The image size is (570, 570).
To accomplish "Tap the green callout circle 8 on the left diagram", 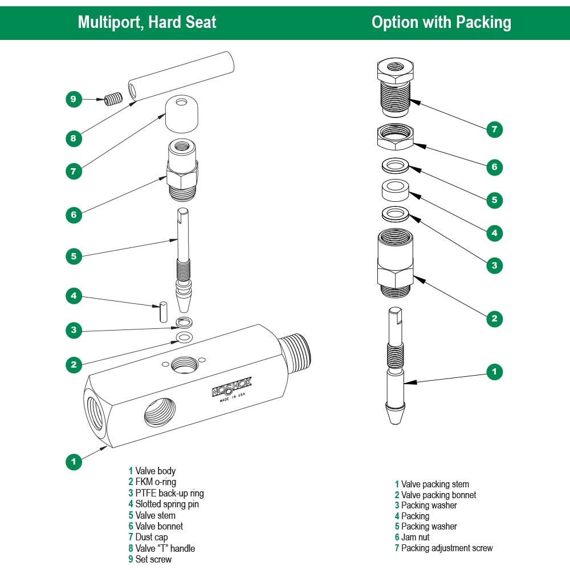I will click(x=73, y=138).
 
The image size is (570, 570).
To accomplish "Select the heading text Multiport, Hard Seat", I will click(x=147, y=22).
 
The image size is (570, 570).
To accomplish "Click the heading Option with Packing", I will click(x=441, y=22).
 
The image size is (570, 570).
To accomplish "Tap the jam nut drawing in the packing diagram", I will click(x=394, y=137).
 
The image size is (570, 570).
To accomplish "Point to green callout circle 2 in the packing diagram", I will click(x=494, y=318).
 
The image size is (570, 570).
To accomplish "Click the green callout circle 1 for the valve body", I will click(x=73, y=461).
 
